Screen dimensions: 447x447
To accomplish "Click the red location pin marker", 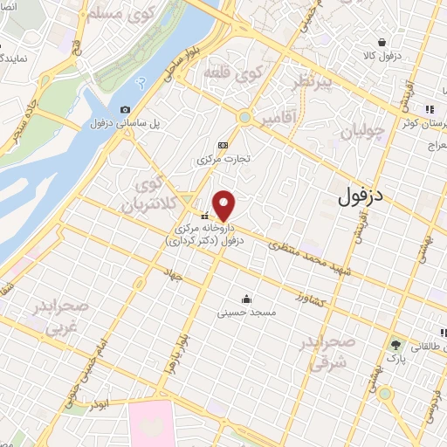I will [x=224, y=205].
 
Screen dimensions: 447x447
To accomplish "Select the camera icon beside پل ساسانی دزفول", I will [x=126, y=110].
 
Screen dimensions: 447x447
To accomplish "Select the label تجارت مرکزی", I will [x=223, y=160].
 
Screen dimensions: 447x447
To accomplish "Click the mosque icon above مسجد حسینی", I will [x=247, y=298].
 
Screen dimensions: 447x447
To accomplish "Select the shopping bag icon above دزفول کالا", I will [x=382, y=42].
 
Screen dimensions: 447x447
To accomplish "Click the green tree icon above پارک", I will [x=397, y=344].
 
